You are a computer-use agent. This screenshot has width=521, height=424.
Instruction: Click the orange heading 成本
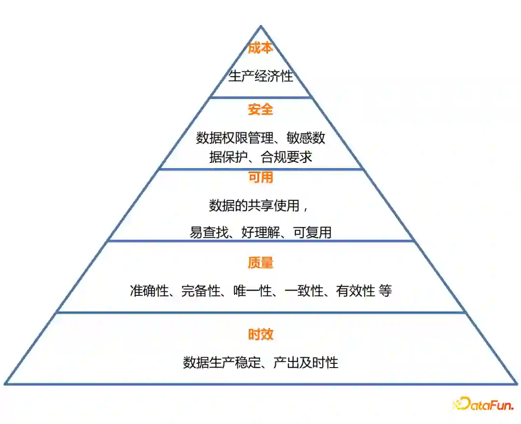260,48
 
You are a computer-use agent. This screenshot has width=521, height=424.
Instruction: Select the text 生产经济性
260,76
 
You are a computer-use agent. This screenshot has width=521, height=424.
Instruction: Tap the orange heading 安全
260,110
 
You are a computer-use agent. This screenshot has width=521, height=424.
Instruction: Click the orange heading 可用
260,178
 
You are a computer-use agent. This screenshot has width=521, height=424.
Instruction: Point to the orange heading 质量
260,263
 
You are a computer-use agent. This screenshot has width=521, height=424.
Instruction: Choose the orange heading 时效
260,334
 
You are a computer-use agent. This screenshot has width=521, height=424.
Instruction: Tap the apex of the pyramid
260,27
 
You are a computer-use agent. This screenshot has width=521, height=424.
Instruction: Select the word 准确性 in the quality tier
148,291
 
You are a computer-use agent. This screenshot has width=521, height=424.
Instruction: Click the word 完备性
200,291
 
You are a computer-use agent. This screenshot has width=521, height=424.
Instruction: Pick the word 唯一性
252,291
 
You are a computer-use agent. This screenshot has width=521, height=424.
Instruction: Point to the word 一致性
304,291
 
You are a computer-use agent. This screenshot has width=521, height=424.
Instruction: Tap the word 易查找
208,232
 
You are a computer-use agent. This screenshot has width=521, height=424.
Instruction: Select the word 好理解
260,232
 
